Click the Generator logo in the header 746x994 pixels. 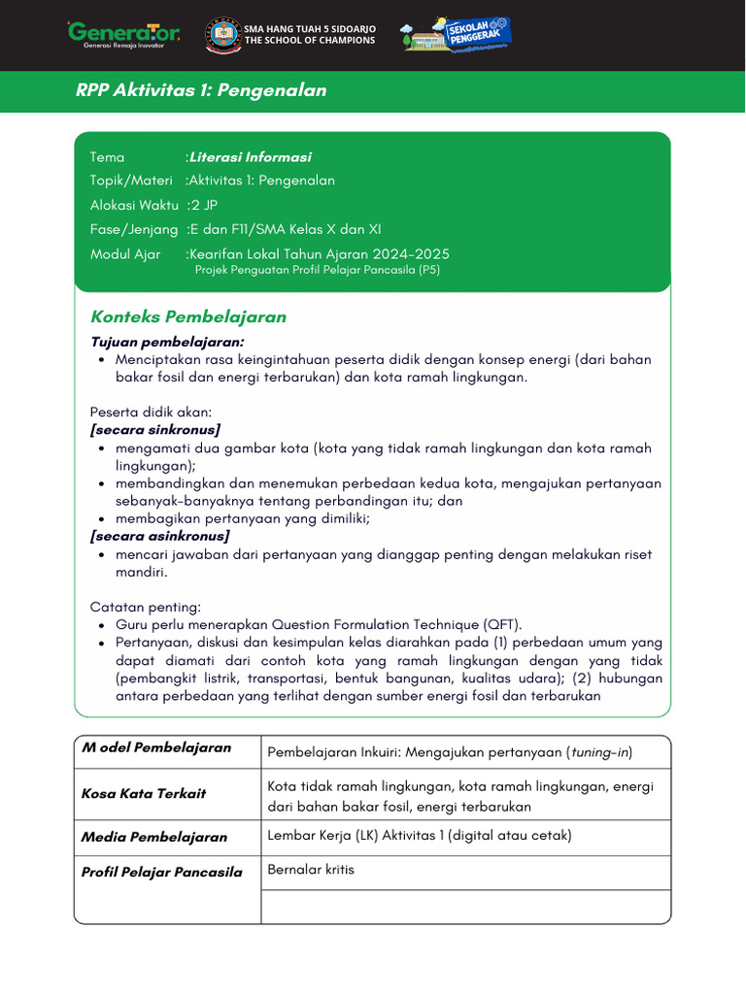coord(123,34)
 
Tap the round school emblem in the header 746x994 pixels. coord(223,35)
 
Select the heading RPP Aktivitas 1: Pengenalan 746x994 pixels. coord(201,91)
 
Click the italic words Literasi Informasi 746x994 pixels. coord(251,157)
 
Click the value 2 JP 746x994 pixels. coord(204,205)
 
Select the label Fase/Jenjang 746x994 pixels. coord(134,230)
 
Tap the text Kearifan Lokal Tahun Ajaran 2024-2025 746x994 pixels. coord(320,254)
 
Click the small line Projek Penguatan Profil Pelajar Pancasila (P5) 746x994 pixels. coord(318,271)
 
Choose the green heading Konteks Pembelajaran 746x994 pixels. coord(188,317)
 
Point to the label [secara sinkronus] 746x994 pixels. coord(155,430)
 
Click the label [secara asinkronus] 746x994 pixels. coord(160,536)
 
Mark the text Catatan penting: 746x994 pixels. coord(146,607)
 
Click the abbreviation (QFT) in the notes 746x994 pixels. coord(501,625)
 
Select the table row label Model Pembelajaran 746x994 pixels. coord(156,747)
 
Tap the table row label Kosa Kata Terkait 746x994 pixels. coord(144,794)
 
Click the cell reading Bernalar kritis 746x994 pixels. coord(311,870)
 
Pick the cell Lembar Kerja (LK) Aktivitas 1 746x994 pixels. coord(419,836)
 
